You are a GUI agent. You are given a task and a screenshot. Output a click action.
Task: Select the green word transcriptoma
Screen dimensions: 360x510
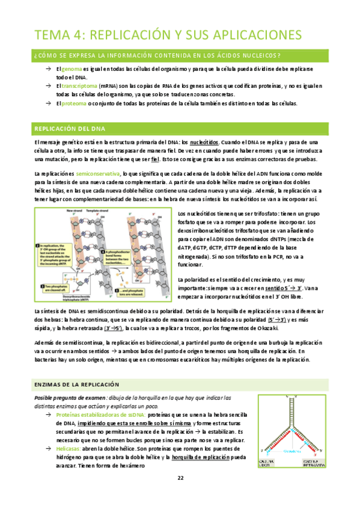[x=76, y=86]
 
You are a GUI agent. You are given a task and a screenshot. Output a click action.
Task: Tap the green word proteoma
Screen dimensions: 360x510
[x=72, y=103]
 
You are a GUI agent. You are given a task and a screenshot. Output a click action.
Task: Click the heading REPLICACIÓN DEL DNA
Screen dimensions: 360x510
[x=70, y=129]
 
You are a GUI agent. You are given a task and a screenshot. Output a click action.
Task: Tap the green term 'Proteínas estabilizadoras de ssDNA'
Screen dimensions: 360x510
[x=99, y=415]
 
